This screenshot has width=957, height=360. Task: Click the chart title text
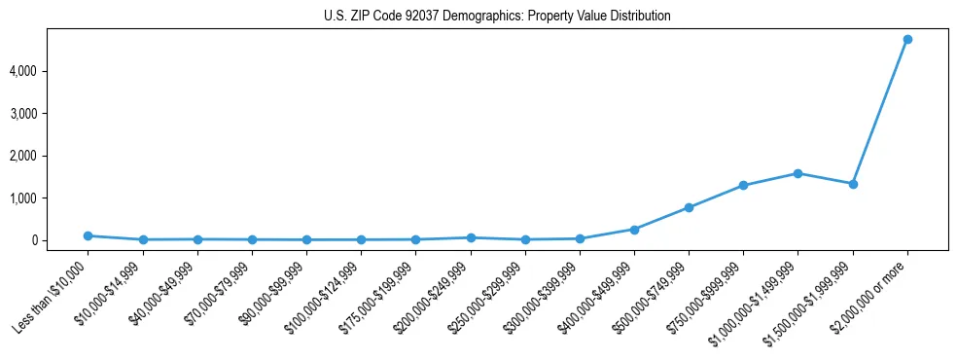point(497,17)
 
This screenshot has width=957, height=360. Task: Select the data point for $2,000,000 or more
point(907,40)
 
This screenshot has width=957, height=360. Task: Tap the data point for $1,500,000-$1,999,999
point(853,184)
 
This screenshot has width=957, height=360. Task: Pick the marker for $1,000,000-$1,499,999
point(797,173)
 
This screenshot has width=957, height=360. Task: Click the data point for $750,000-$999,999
point(743,185)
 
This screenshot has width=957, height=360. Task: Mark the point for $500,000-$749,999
point(689,207)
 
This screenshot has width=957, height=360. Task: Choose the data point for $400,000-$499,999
point(634,230)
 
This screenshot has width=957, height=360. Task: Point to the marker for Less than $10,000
point(89,235)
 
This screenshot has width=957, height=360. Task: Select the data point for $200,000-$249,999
point(471,237)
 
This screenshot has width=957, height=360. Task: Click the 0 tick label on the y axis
point(60,240)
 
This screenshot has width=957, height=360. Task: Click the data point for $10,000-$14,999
point(143,239)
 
